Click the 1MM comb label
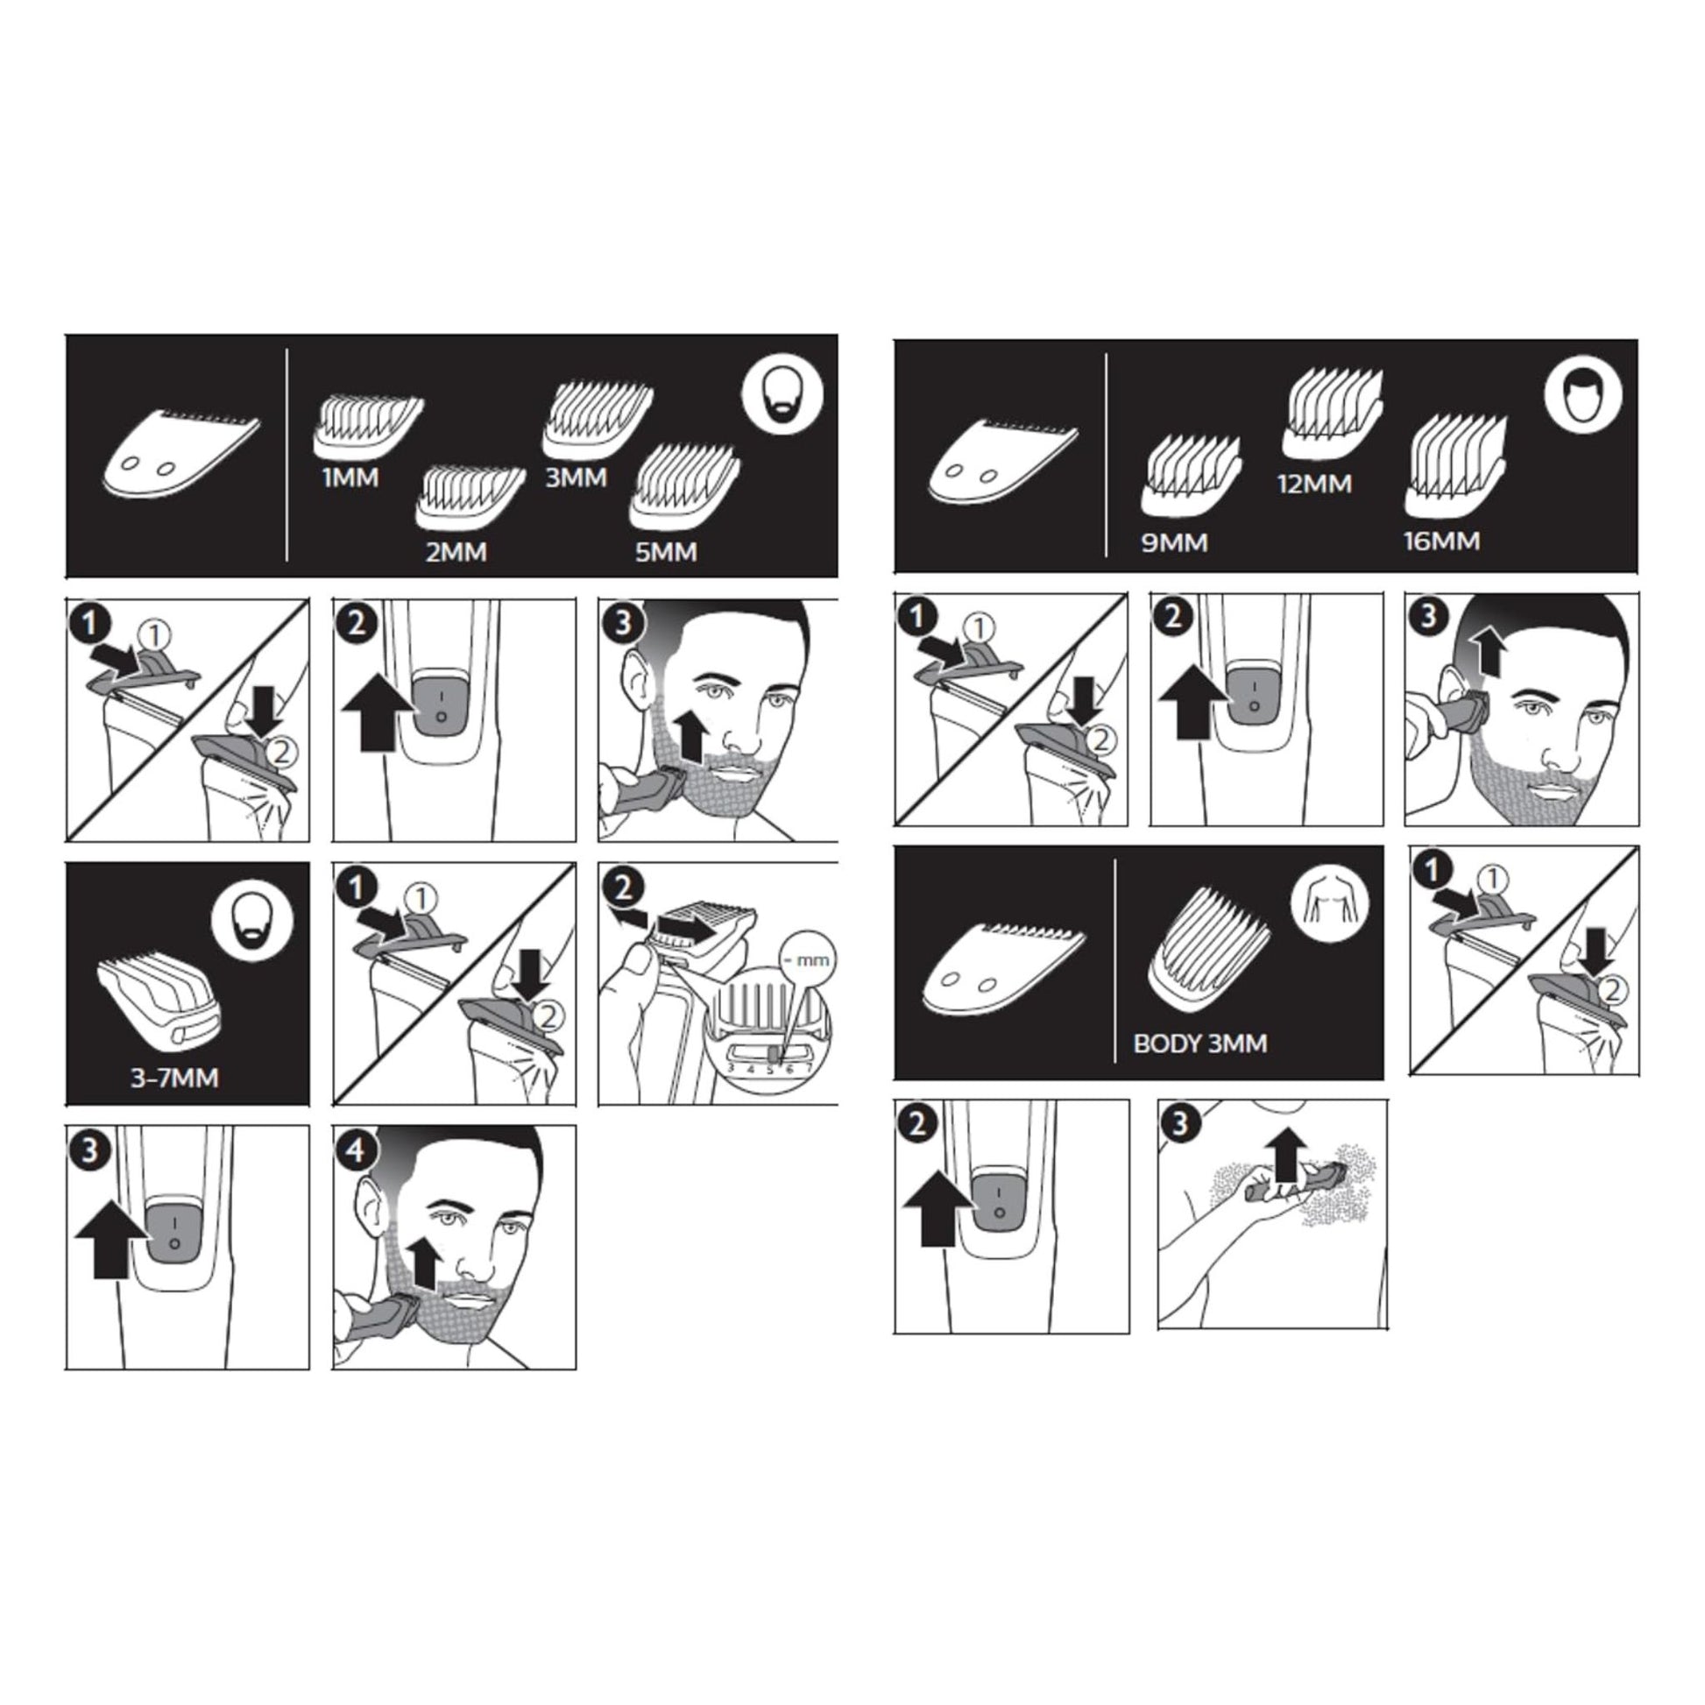350,478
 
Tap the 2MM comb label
456,553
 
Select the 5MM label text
666,553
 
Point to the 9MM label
1175,541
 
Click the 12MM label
1315,484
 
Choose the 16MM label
1442,540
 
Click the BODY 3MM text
1200,1044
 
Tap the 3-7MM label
174,1078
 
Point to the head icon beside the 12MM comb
1584,394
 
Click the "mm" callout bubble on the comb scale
809,959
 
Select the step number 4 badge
356,1150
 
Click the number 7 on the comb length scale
809,1069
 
